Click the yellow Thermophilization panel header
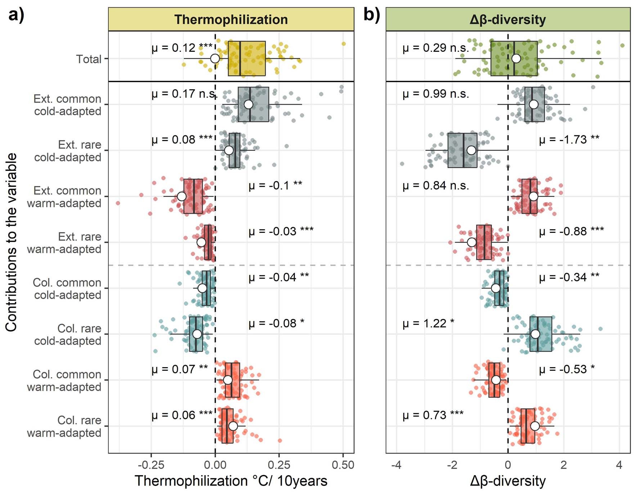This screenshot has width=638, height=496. (231, 19)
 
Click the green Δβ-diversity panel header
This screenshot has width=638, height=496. (508, 19)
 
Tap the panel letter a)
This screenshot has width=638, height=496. (16, 15)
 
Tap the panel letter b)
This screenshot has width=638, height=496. (371, 15)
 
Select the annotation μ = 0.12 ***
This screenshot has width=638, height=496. (181, 48)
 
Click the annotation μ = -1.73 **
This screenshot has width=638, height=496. (569, 140)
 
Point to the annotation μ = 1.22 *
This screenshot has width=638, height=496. (428, 324)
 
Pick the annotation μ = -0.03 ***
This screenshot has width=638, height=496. (281, 231)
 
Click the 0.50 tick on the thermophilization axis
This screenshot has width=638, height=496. (343, 465)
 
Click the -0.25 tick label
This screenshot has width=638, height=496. (151, 465)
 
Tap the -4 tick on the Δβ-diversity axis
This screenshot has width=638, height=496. (396, 465)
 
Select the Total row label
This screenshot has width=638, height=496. (89, 59)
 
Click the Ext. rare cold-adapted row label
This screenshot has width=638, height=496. (68, 151)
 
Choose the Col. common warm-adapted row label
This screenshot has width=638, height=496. (64, 380)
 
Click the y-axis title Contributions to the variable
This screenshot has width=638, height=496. (12, 242)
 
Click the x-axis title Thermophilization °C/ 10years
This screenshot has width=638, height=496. (231, 481)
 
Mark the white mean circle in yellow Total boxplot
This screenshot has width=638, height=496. (215, 58)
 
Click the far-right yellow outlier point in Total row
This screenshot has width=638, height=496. (343, 44)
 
